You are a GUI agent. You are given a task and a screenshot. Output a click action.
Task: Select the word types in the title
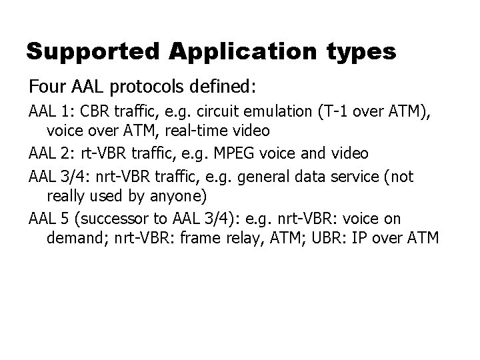tap(363, 51)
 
